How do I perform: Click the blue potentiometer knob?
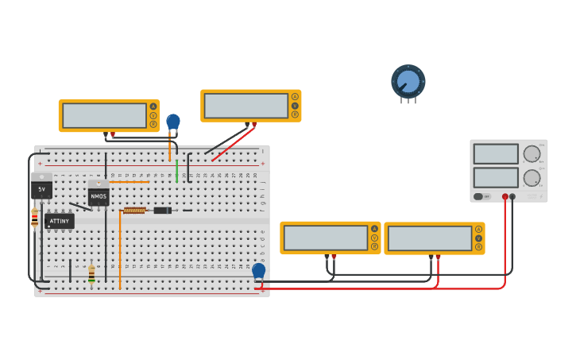[x=408, y=81]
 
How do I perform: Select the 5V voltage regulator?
[x=41, y=188]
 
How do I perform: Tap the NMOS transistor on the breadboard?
[x=99, y=193]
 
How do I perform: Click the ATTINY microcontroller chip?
[x=60, y=221]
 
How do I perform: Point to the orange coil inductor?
[x=134, y=211]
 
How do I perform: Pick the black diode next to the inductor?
[x=162, y=211]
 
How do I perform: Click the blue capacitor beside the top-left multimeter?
[x=173, y=122]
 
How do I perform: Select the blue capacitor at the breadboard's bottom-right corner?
[x=258, y=270]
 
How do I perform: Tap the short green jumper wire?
[x=176, y=170]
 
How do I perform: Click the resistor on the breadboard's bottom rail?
[x=91, y=274]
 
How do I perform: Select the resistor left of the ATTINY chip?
[x=34, y=217]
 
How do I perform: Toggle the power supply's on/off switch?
[x=479, y=196]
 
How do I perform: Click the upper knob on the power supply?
[x=531, y=154]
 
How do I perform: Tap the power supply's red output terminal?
[x=504, y=196]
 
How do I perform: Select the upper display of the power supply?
[x=495, y=154]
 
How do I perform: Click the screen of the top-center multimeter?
[x=245, y=106]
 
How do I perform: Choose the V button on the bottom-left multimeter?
[x=374, y=238]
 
